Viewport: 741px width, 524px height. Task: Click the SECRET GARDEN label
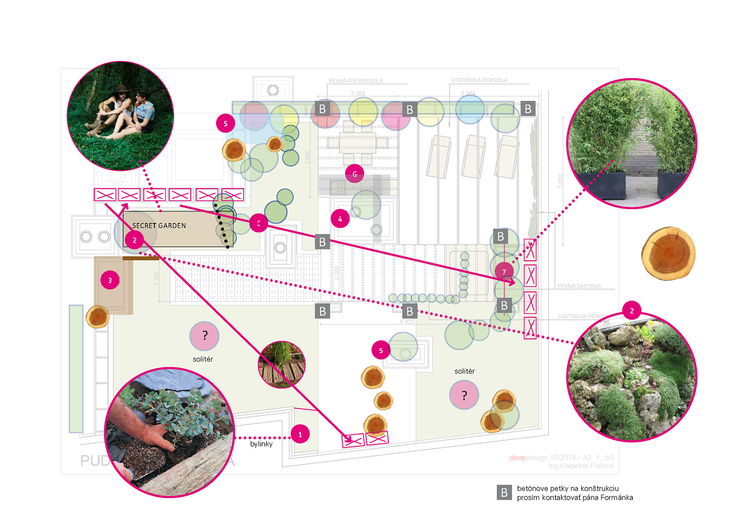pos(159,226)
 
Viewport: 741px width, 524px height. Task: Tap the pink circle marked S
pos(225,123)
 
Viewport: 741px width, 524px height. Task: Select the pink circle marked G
pos(354,174)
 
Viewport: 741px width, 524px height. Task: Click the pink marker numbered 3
pos(110,280)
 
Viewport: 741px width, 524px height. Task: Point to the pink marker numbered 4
pos(340,219)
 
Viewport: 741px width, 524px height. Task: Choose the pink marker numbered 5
pos(381,350)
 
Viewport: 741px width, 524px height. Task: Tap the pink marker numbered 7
pos(504,272)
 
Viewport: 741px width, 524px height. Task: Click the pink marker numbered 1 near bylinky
pos(300,434)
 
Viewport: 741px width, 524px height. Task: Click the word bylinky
pos(261,444)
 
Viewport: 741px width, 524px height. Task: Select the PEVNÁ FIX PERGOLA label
pos(355,81)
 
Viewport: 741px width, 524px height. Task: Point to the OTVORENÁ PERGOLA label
pos(479,80)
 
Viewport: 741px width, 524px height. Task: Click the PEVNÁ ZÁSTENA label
pos(579,286)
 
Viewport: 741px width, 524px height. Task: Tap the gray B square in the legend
pos(504,492)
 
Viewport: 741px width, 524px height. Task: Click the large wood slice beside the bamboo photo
pos(668,253)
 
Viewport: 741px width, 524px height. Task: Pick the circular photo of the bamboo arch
pos(631,144)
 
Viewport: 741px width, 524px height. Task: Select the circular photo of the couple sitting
pos(120,116)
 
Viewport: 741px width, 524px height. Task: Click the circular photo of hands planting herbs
pos(170,432)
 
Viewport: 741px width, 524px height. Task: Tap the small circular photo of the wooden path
pos(281,365)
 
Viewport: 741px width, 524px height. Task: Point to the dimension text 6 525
pos(407,321)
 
